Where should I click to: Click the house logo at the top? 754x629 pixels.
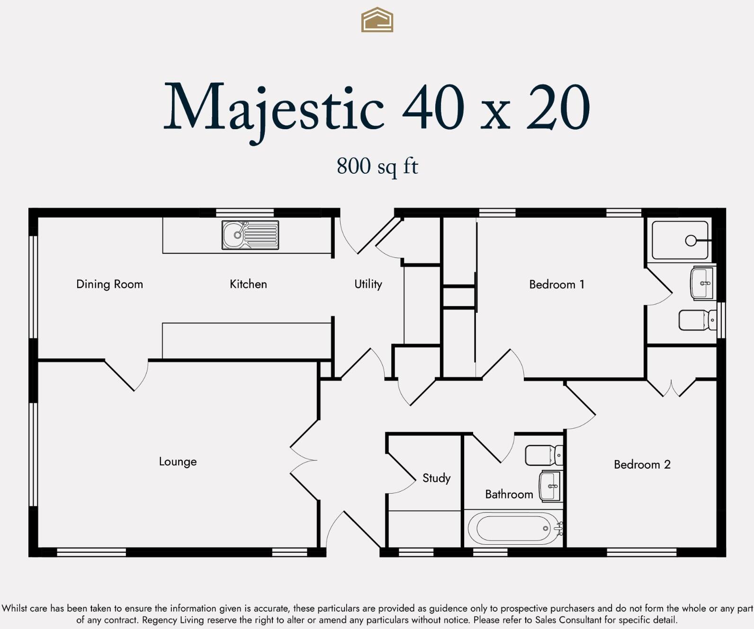(x=377, y=20)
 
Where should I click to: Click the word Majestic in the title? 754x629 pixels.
(x=273, y=108)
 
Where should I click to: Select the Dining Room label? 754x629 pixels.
(x=109, y=284)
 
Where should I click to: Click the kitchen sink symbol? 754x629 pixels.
(x=250, y=235)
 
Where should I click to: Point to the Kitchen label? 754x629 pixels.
(x=248, y=284)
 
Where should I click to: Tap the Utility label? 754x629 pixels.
(x=368, y=284)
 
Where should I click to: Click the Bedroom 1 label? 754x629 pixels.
(x=557, y=284)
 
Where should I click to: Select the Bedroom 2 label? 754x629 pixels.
(x=642, y=464)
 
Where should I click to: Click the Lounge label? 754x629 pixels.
(x=178, y=461)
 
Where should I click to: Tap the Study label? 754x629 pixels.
(x=436, y=478)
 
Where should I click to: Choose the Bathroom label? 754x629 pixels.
(x=509, y=494)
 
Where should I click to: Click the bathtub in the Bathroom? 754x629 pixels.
(x=514, y=528)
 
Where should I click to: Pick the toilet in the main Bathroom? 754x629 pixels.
(x=544, y=455)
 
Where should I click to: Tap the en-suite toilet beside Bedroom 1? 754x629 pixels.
(x=697, y=320)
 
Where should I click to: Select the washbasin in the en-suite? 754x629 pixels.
(x=702, y=283)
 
